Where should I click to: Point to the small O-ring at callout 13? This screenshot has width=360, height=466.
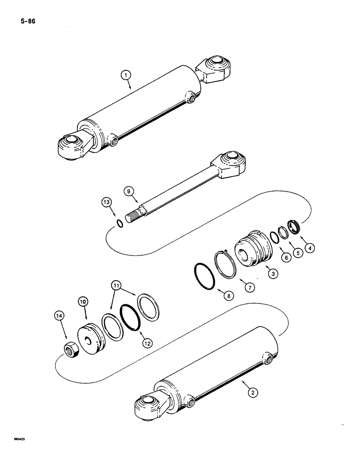pos(120,223)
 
